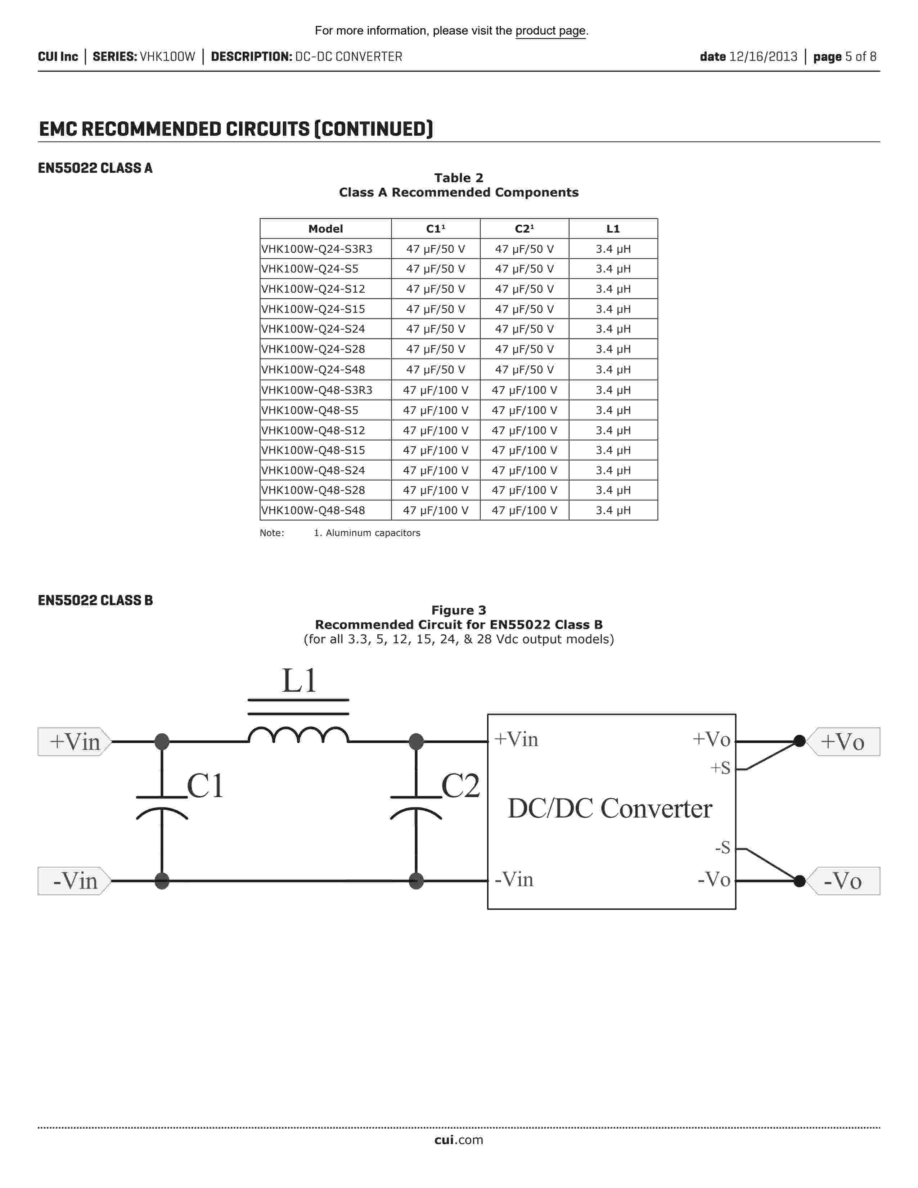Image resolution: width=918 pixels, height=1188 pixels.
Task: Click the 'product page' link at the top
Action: tap(550, 31)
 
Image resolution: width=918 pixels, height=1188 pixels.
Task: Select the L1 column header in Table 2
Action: tap(613, 229)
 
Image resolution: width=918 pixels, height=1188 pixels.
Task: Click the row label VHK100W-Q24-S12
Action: tap(313, 289)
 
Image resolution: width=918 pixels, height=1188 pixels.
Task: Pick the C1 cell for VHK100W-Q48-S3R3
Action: tap(435, 390)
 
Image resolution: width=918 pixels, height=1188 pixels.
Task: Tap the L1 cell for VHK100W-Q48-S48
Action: tap(613, 510)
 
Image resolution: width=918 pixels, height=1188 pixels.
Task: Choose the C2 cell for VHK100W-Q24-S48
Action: tap(524, 370)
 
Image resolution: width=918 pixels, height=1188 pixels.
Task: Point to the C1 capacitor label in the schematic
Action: tap(205, 786)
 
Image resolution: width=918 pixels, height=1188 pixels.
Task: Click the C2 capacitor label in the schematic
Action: tap(460, 786)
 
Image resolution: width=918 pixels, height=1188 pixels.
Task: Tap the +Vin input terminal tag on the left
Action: tap(75, 741)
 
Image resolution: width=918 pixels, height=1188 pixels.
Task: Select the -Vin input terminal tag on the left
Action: tap(75, 881)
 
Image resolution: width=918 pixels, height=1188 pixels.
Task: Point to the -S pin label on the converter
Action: tap(722, 847)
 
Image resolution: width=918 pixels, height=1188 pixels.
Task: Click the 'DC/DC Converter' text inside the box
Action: tap(609, 808)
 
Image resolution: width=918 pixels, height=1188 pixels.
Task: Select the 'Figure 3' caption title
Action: tap(458, 610)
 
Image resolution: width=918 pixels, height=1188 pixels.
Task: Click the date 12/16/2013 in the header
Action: tap(762, 57)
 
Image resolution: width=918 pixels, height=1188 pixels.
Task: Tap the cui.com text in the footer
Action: tap(458, 1140)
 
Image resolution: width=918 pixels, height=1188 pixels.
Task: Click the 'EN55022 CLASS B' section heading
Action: tap(95, 600)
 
